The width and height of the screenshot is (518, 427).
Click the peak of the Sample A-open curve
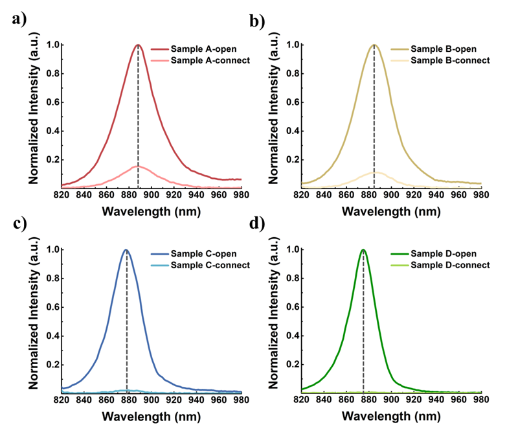pos(138,45)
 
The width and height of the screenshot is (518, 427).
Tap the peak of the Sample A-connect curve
pos(137,167)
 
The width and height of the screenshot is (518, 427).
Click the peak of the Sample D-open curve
pos(363,249)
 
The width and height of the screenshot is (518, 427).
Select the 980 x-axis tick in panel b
pos(481,193)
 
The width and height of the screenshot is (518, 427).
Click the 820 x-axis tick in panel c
pos(62,399)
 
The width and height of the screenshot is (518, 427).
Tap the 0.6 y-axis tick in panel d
pos(289,306)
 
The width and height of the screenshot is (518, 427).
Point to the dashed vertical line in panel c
pos(127,324)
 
